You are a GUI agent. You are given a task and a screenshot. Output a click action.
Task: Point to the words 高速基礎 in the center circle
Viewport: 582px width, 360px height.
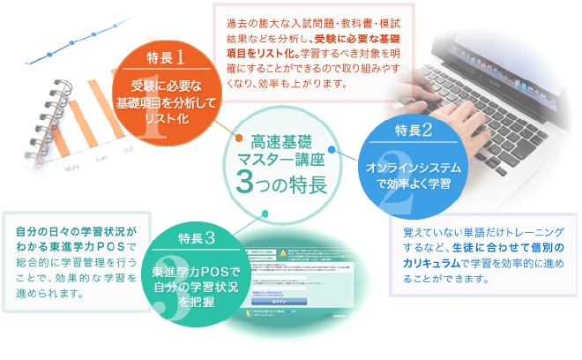pyautogui.click(x=280, y=141)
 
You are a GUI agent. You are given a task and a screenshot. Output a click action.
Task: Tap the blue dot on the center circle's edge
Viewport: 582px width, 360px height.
pyautogui.click(x=332, y=150)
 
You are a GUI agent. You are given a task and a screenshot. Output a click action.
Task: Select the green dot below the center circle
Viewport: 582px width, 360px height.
pyautogui.click(x=265, y=213)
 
